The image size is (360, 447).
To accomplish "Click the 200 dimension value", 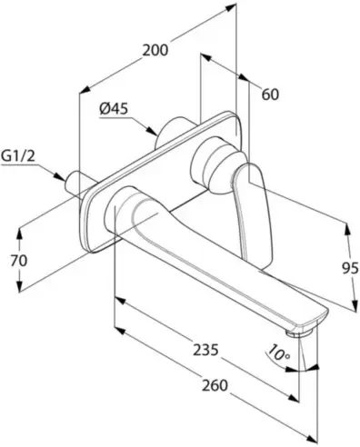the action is tap(155, 50).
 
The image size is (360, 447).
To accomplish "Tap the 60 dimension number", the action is tap(270, 94).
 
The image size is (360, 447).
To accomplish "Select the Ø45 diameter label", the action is tap(114, 108).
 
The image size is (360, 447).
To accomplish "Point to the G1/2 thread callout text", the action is tap(18, 156).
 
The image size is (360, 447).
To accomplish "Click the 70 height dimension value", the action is tap(19, 261).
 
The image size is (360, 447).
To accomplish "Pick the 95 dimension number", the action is tap(350, 268).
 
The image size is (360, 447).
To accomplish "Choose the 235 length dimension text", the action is tap(205, 350).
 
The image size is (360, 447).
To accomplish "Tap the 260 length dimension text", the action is tap(215, 385).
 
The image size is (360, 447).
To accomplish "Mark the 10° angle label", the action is tap(278, 353).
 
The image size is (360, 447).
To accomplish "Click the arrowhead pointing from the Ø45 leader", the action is tap(153, 131).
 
